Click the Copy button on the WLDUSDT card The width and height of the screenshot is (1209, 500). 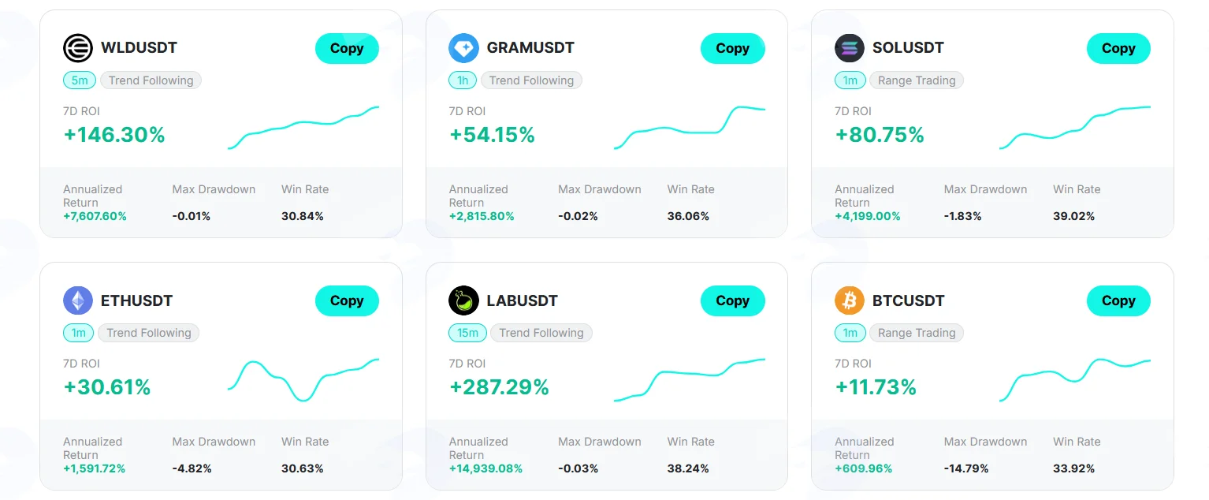click(347, 49)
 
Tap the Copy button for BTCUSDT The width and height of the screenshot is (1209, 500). click(1118, 300)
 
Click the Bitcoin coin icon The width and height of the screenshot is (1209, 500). click(850, 300)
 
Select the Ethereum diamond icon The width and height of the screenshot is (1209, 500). click(78, 300)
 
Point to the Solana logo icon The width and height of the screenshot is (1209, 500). click(850, 48)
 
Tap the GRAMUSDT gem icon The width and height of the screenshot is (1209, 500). click(463, 48)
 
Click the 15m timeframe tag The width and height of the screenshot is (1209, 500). click(467, 333)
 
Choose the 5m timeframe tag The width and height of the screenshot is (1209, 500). click(80, 80)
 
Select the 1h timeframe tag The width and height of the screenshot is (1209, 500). click(463, 80)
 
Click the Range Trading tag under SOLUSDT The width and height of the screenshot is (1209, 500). click(917, 80)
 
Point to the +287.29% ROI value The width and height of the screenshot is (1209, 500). click(499, 387)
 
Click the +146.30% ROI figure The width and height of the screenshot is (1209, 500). click(113, 135)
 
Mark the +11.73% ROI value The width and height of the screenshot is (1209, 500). click(876, 387)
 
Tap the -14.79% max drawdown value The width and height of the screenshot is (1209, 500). click(966, 468)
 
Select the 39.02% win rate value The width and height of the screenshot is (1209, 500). click(1073, 217)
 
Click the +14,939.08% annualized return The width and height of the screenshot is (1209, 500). click(485, 468)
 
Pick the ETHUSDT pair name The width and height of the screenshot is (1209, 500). click(136, 300)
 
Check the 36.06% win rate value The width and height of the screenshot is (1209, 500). click(688, 217)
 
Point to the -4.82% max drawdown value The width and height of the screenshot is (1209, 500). click(192, 468)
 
